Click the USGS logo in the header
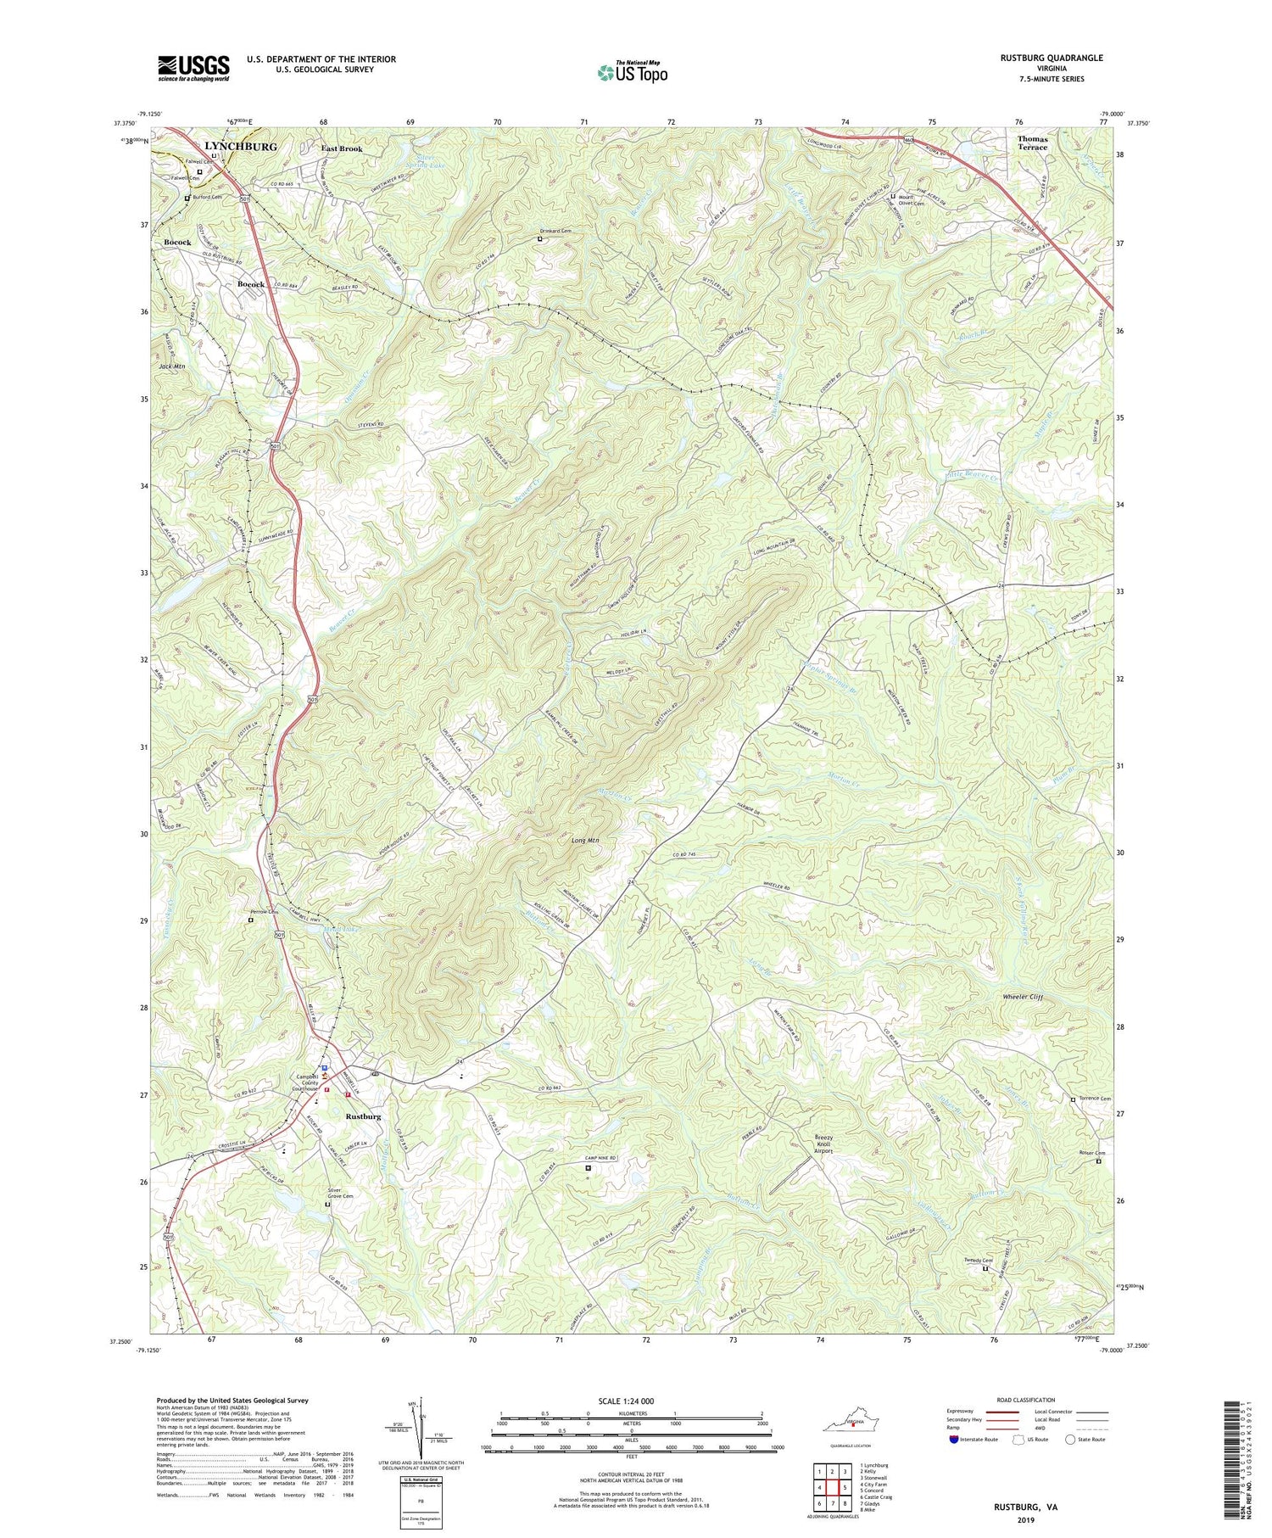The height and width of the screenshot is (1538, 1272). (193, 68)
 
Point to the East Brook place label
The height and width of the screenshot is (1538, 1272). (341, 148)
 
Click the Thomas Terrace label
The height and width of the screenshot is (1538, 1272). (1032, 143)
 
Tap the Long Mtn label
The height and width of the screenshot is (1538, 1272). (584, 841)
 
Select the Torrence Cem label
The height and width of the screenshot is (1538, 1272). (1094, 1099)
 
